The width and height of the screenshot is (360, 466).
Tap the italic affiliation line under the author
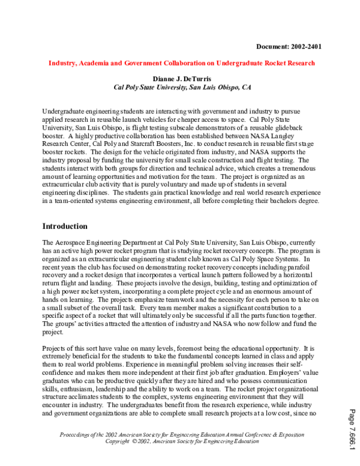182,87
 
